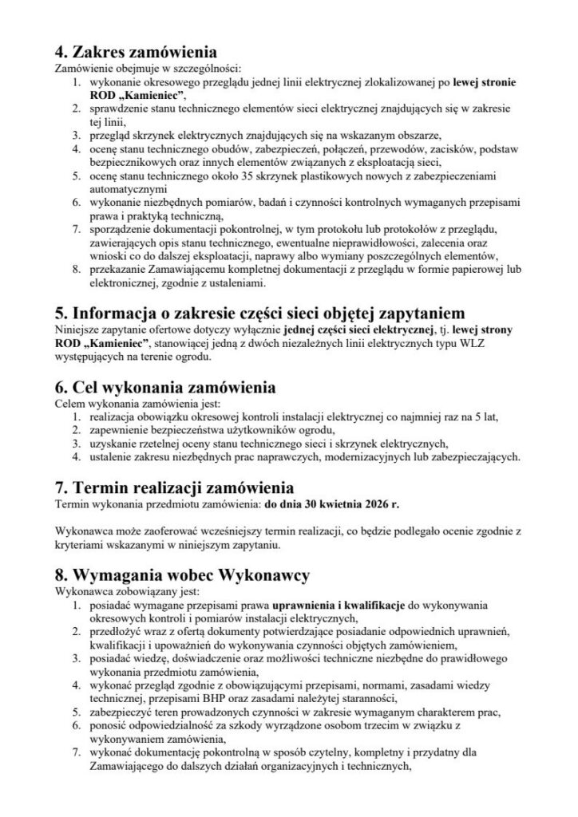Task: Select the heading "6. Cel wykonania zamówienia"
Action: [163, 389]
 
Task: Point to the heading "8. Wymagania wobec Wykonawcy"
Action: [182, 574]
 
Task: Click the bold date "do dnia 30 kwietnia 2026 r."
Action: [333, 504]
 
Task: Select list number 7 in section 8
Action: [76, 752]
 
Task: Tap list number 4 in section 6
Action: [76, 457]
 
